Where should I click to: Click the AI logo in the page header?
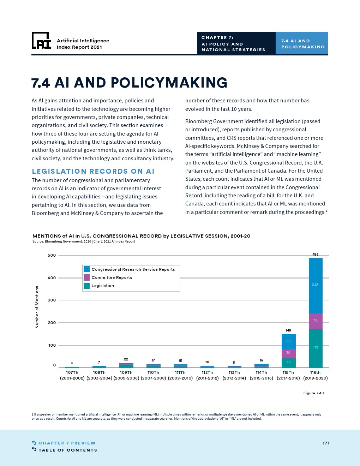click(41, 41)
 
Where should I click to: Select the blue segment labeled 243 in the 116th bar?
click(316, 286)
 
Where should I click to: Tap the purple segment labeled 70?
click(316, 321)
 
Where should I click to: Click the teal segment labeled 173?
click(316, 348)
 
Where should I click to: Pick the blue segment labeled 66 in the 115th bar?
click(288, 341)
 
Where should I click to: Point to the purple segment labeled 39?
click(288, 354)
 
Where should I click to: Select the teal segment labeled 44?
click(288, 363)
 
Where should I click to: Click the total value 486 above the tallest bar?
click(315, 254)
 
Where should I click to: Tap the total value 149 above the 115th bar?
click(288, 330)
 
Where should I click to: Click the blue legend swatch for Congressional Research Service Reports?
click(86, 269)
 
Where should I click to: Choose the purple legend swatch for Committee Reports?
click(86, 277)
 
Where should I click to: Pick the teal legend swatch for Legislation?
click(86, 286)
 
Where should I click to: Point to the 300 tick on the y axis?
click(52, 300)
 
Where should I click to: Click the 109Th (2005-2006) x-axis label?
click(126, 375)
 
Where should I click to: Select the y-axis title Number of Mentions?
click(37, 307)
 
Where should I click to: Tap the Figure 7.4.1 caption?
click(313, 393)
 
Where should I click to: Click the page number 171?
click(326, 443)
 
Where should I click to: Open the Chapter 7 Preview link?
click(64, 443)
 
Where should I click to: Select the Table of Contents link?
click(64, 450)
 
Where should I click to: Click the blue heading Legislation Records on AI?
click(93, 171)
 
